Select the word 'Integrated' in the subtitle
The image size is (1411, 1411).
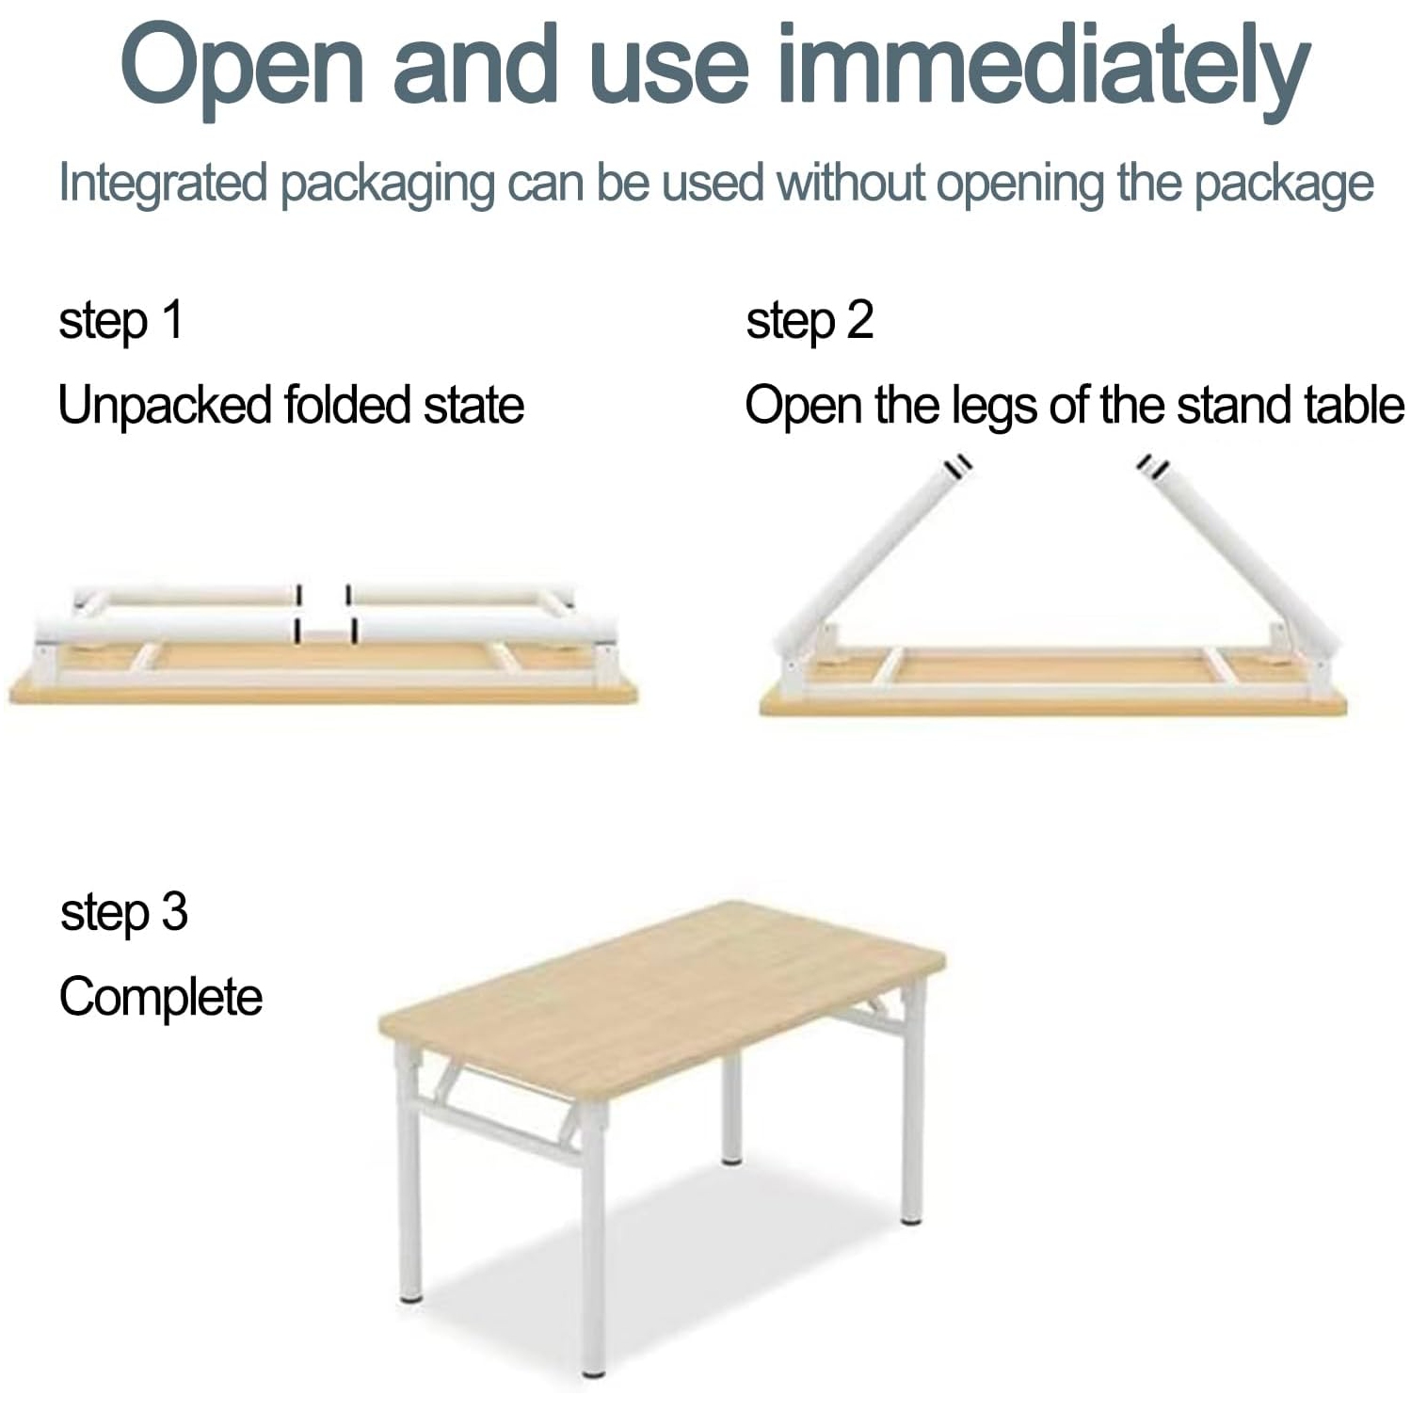pos(163,183)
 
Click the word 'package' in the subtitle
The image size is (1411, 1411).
pos(1283,183)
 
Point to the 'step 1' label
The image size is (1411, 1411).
pos(120,321)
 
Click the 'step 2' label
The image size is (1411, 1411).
pos(810,321)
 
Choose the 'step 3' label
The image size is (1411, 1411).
pos(123,913)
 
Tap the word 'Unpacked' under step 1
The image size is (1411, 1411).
pos(164,406)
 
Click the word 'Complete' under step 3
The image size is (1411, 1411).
pos(161,998)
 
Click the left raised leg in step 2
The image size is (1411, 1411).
pos(871,555)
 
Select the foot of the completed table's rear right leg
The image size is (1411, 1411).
pos(910,1220)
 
